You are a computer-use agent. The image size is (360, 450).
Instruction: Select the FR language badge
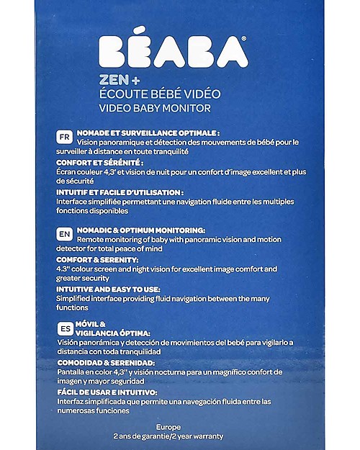pos(64,135)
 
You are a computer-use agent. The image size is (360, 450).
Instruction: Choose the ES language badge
pos(64,327)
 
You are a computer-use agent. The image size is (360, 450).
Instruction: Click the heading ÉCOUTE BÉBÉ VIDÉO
pos(165,94)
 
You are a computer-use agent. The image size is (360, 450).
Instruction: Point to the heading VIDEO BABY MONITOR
pos(160,108)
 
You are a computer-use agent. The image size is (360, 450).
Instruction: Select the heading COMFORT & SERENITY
pos(96,259)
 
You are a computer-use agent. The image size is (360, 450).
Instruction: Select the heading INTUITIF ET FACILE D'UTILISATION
pos(120,192)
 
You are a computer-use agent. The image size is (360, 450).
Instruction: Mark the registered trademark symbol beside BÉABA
pos(243,38)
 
